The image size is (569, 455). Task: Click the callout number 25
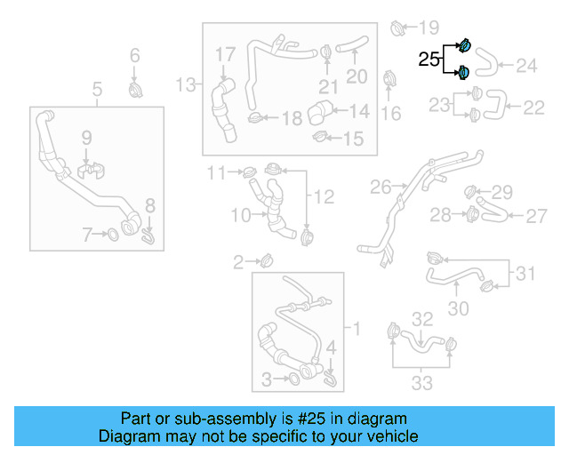[x=429, y=60]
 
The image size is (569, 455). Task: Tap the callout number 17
[x=225, y=55]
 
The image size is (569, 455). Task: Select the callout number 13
[x=185, y=84]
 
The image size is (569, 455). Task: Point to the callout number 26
[x=381, y=187]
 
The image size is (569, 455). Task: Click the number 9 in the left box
[x=87, y=137]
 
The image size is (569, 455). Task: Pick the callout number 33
[x=421, y=383]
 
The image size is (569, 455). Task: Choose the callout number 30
[x=458, y=308]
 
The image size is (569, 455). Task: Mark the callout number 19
[x=429, y=28]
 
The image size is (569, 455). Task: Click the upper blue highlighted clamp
[x=463, y=44]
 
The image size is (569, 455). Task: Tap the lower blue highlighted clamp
[x=463, y=72]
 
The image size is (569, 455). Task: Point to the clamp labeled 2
[x=266, y=260]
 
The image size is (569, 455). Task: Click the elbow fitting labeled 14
[x=319, y=114]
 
